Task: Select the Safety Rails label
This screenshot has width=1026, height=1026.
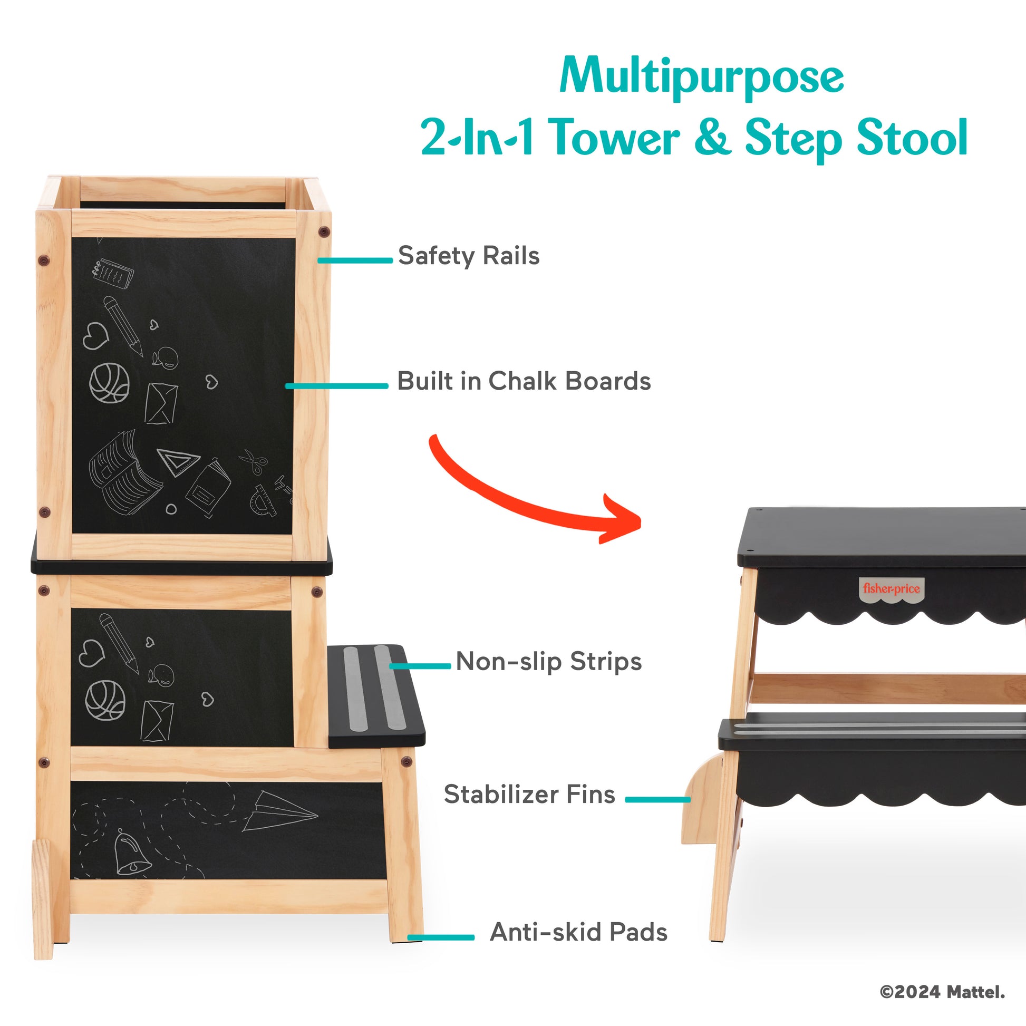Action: tap(469, 256)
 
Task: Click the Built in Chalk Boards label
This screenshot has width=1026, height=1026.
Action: tap(524, 381)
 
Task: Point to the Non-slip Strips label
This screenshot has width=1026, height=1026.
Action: tap(549, 662)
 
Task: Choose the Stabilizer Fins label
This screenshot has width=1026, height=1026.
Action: tap(529, 795)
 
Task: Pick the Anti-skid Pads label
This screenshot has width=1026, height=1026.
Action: tap(578, 932)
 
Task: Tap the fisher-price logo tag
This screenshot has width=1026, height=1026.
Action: tap(891, 589)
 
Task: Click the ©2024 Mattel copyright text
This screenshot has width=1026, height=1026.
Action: tap(942, 992)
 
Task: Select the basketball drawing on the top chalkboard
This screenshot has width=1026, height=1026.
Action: tap(109, 383)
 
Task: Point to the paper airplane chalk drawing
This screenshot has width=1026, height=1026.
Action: tap(280, 811)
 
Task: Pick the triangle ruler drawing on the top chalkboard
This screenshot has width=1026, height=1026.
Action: tap(178, 461)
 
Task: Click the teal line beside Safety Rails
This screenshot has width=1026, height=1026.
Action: tap(355, 260)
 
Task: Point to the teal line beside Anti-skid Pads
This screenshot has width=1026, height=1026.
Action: tap(441, 937)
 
